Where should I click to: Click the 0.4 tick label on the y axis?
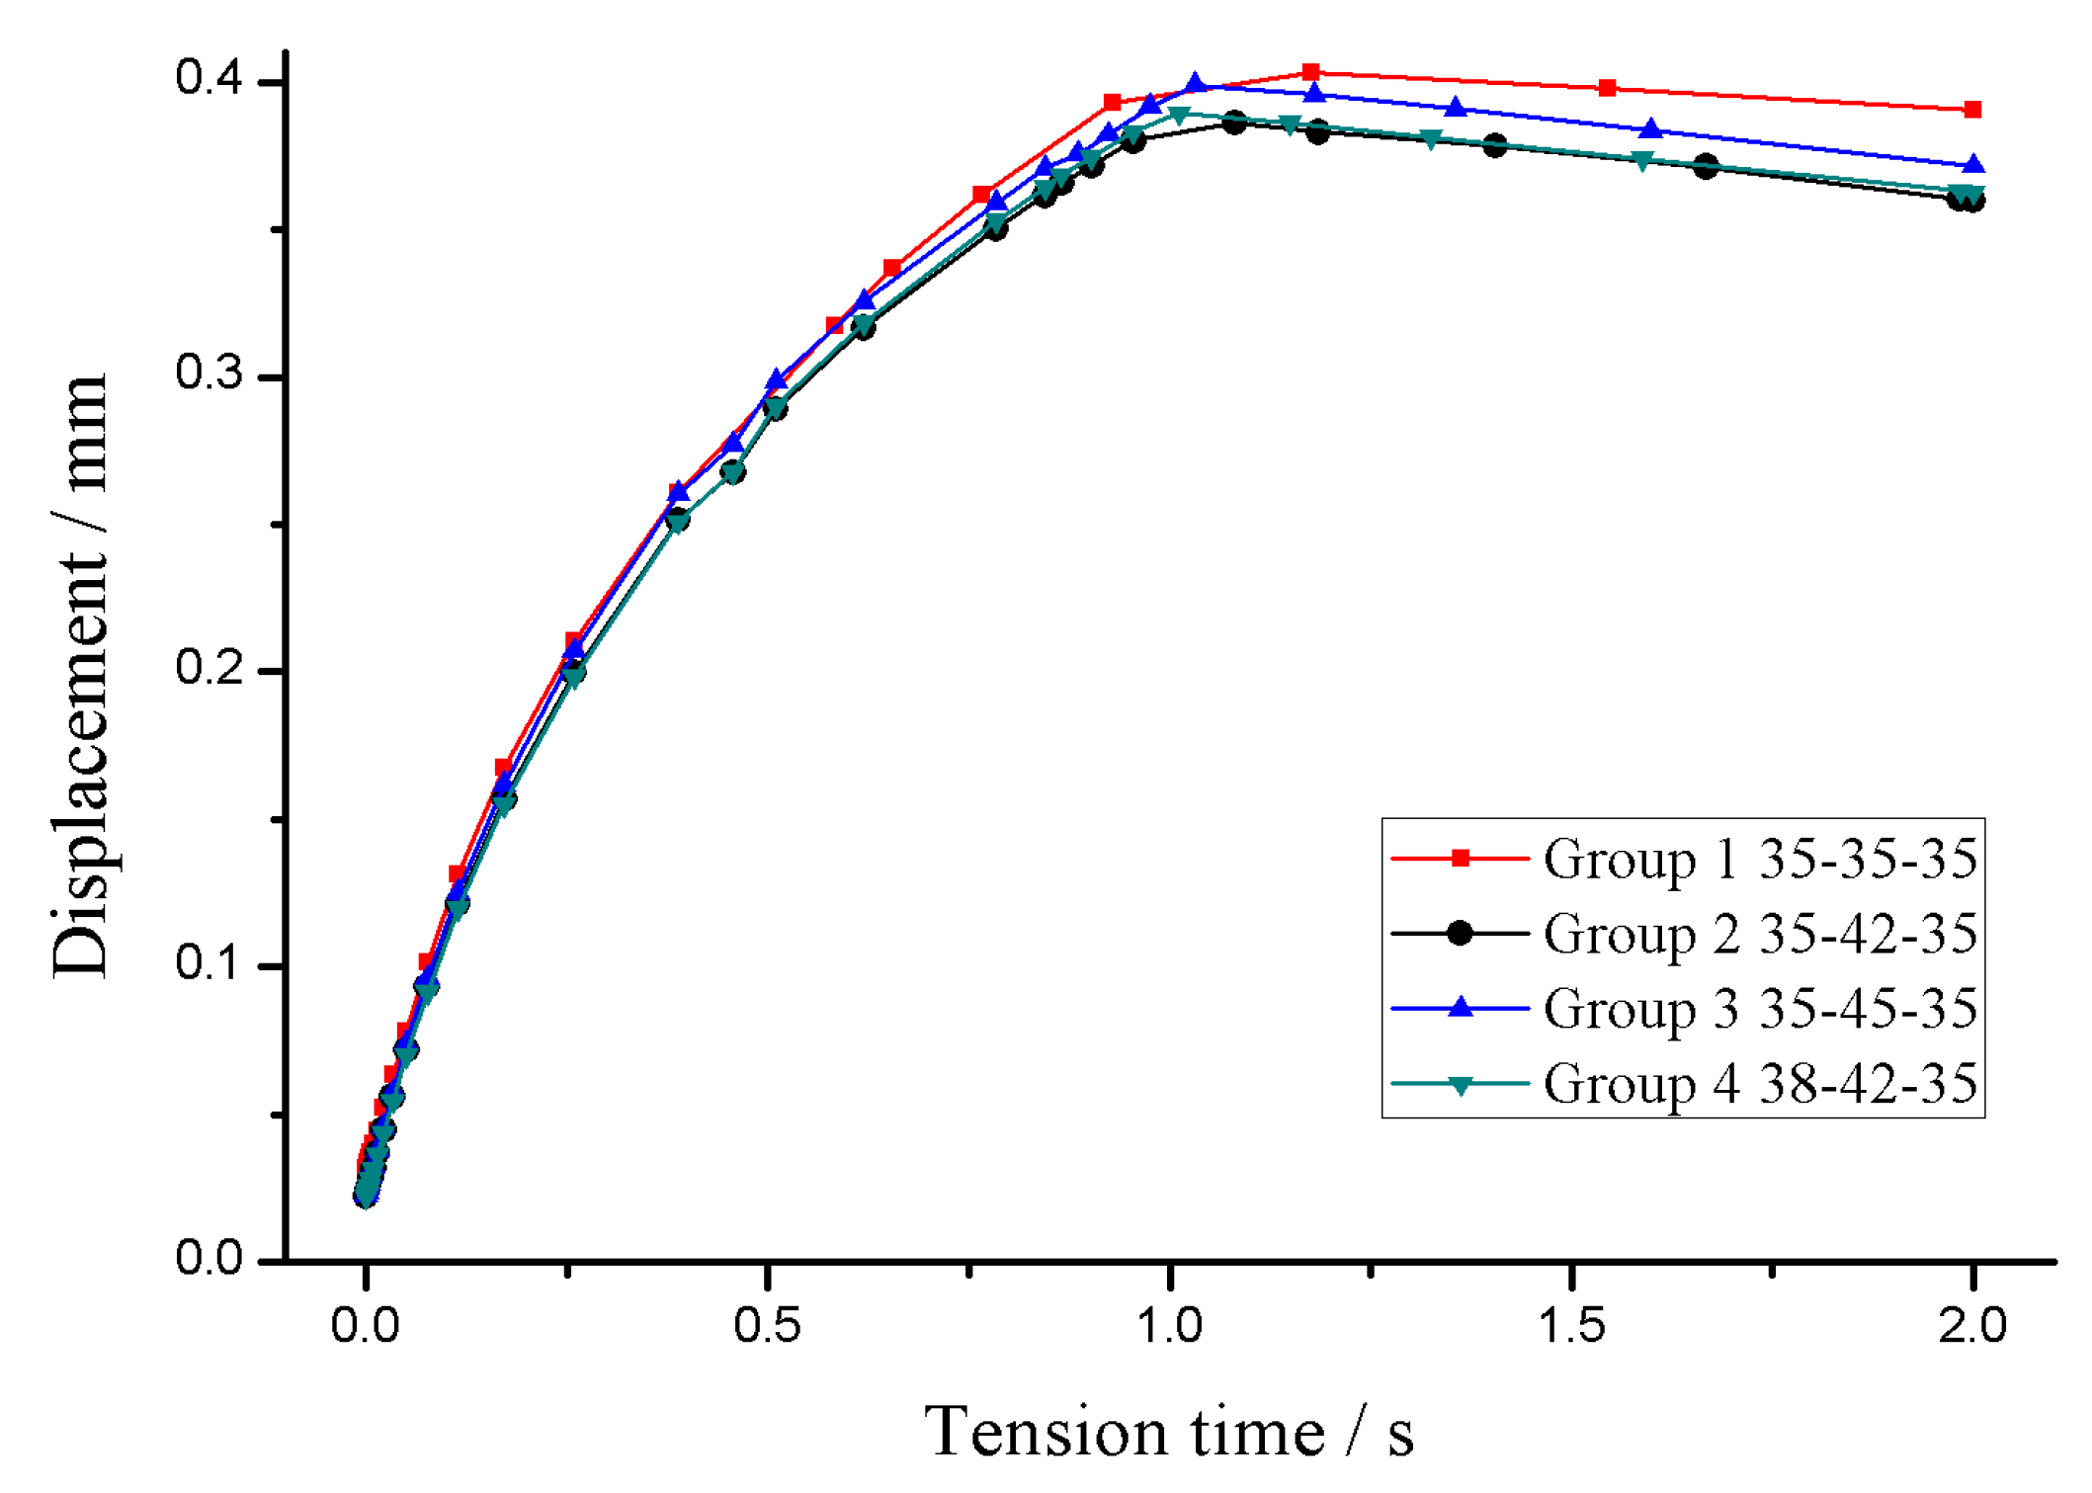pos(209,78)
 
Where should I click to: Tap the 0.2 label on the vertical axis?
pos(209,668)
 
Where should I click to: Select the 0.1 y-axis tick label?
pos(209,962)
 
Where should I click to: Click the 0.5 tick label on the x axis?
pos(767,1326)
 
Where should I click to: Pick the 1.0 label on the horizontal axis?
pos(1169,1326)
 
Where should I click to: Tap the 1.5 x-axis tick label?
pos(1571,1326)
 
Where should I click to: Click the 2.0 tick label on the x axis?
pos(1972,1326)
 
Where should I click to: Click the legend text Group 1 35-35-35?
pos(1759,859)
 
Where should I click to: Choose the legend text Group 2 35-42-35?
pos(1759,934)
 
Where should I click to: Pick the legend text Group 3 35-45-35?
pos(1759,1009)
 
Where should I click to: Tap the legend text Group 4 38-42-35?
pos(1759,1084)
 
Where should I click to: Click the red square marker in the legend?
pos(1460,859)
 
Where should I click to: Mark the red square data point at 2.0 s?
pos(1972,110)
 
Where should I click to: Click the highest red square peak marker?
pos(1310,72)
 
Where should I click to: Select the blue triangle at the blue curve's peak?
pos(1195,84)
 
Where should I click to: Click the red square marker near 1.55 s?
pos(1607,89)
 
